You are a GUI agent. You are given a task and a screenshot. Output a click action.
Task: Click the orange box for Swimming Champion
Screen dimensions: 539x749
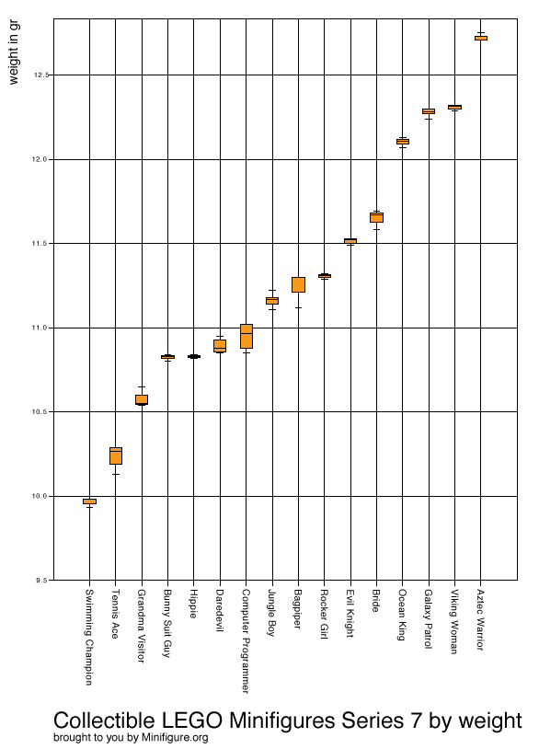90,501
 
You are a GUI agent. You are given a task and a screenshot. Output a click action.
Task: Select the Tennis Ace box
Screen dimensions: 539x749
116,455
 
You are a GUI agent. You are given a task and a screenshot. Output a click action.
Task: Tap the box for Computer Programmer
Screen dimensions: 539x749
247,336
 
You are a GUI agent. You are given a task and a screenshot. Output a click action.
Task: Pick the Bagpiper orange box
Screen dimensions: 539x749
298,284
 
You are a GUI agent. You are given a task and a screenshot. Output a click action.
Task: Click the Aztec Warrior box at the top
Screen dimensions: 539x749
481,38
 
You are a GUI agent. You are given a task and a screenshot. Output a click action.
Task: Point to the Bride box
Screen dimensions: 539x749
377,217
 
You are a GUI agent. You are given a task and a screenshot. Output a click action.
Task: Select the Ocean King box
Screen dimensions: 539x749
403,142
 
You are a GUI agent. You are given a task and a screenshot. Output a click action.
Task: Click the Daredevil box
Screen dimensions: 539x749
220,346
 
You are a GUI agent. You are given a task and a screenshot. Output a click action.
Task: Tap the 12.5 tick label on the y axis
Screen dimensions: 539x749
40,75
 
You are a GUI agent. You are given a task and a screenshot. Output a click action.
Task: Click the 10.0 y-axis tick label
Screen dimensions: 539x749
40,496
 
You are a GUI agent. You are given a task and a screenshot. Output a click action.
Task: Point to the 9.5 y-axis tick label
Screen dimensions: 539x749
41,581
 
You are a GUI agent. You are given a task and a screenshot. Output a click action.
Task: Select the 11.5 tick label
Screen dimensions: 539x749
40,244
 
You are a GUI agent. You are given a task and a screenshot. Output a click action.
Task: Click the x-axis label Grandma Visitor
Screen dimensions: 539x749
142,626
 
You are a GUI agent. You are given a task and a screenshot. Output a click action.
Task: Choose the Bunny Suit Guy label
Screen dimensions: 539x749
167,623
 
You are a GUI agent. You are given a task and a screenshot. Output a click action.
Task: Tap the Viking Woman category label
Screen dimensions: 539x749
454,621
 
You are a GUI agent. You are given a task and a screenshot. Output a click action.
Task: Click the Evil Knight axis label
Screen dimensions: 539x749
350,614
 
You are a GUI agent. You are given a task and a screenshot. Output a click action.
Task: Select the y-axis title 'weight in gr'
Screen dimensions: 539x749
14,52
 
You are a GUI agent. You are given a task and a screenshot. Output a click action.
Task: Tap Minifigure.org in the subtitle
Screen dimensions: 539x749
175,738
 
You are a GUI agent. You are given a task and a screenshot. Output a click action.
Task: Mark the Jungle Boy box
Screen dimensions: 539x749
272,301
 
